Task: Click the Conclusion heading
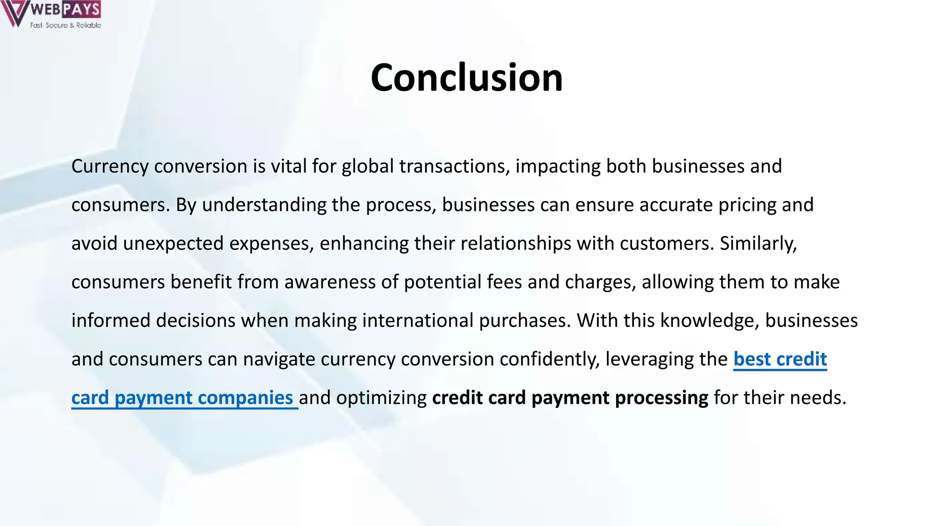467,77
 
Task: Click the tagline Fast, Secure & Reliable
66,25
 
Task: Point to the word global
367,166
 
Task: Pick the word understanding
264,205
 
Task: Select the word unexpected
173,243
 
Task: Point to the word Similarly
758,243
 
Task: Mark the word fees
504,282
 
